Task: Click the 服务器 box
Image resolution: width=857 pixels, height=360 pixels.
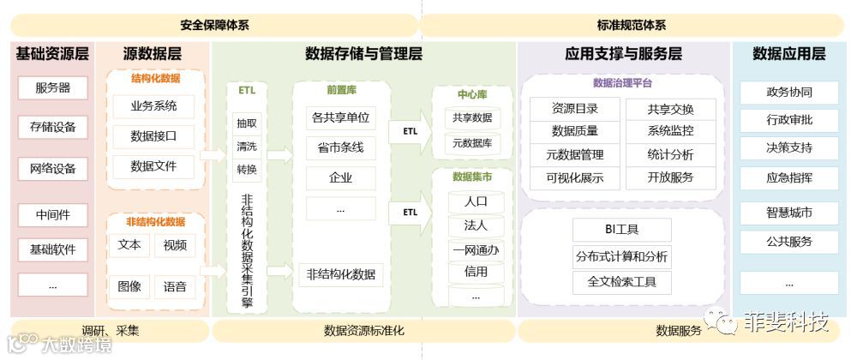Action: coord(52,87)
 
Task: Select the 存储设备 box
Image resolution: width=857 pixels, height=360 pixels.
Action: coord(52,128)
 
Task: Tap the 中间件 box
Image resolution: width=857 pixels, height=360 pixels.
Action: coord(52,215)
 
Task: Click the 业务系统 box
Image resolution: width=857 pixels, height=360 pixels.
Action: coord(153,106)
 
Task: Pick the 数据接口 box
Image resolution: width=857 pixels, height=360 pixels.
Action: coord(153,136)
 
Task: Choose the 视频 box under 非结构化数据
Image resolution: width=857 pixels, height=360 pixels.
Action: coord(175,244)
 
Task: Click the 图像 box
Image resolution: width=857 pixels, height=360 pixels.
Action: coord(129,286)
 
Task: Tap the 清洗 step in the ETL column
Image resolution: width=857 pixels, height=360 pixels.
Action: coord(246,146)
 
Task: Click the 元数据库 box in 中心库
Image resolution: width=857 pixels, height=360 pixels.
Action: coord(472,143)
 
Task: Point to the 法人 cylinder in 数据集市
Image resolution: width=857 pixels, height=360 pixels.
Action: coord(476,226)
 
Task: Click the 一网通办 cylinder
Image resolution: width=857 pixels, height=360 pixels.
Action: coord(476,250)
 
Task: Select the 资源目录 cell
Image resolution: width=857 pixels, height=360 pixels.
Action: coord(575,109)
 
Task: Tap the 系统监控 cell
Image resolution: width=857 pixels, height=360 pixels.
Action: coord(671,131)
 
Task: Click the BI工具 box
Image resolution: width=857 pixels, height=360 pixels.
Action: coord(621,230)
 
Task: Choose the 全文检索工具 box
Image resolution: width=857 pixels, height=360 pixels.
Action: coord(621,281)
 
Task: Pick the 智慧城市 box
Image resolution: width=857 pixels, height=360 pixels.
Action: coord(788,212)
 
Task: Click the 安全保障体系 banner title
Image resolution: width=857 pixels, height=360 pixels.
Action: coord(214,26)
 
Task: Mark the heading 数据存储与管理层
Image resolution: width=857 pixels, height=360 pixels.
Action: coord(364,54)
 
